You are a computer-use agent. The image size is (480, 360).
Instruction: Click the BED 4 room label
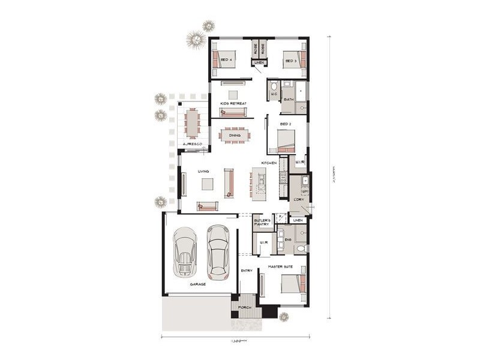pyautogui.click(x=226, y=61)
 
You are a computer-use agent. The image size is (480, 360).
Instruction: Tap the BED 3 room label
pyautogui.click(x=290, y=61)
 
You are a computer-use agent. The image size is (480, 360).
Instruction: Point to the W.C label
pyautogui.click(x=273, y=94)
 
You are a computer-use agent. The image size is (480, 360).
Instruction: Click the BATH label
pyautogui.click(x=288, y=99)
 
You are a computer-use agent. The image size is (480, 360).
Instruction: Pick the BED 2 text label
pyautogui.click(x=286, y=124)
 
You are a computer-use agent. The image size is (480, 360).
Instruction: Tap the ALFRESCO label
pyautogui.click(x=193, y=145)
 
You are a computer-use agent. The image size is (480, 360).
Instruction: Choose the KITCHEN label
pyautogui.click(x=268, y=163)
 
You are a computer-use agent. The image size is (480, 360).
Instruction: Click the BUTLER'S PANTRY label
pyautogui.click(x=262, y=223)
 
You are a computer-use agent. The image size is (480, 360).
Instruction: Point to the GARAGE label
pyautogui.click(x=198, y=284)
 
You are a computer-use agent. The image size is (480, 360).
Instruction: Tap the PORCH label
pyautogui.click(x=244, y=307)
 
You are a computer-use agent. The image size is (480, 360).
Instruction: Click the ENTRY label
pyautogui.click(x=247, y=271)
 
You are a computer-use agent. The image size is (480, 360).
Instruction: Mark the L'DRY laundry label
pyautogui.click(x=298, y=199)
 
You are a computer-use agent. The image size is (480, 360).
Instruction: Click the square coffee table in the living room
pyautogui.click(x=207, y=184)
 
